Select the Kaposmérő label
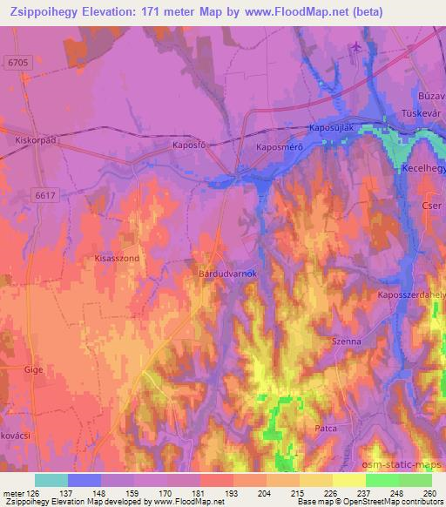tap(279, 147)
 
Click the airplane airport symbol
tap(355, 47)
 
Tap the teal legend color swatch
tap(51, 480)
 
